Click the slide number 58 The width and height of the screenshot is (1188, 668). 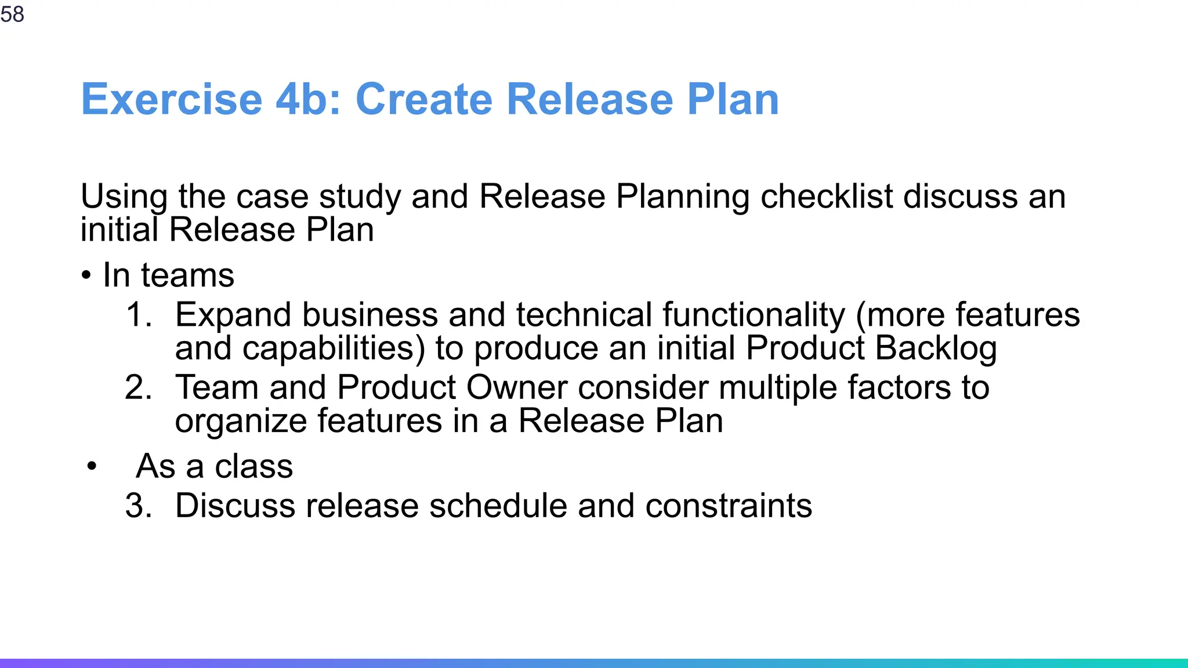click(x=12, y=14)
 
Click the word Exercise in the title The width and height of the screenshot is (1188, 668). click(x=172, y=99)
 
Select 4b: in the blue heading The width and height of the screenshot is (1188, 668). click(x=307, y=99)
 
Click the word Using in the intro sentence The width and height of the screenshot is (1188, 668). click(x=124, y=197)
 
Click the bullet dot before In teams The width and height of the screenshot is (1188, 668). click(x=86, y=275)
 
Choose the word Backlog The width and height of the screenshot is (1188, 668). click(x=936, y=348)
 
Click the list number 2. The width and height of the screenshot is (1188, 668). click(x=138, y=387)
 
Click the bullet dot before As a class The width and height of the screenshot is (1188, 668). click(x=91, y=466)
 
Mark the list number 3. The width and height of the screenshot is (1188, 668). click(x=138, y=506)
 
